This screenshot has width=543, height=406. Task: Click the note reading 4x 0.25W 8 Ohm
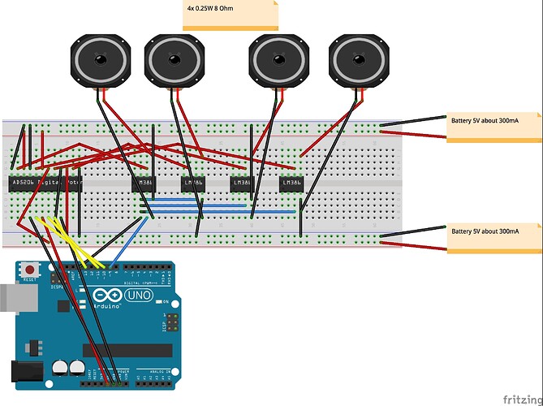coord(230,15)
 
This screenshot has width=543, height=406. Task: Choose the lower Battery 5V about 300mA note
coord(493,237)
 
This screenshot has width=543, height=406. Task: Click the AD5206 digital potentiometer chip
coord(45,184)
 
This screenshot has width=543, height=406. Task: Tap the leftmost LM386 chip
coord(144,184)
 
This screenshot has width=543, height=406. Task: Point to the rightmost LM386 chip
coord(291,184)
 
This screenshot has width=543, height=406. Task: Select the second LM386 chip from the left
coord(192,184)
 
